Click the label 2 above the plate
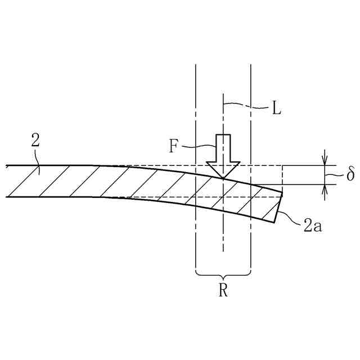(x=35, y=141)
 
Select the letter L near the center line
(x=276, y=109)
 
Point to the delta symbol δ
(x=350, y=174)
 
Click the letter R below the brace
(x=223, y=291)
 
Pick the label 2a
(x=312, y=226)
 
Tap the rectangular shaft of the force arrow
(x=223, y=148)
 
